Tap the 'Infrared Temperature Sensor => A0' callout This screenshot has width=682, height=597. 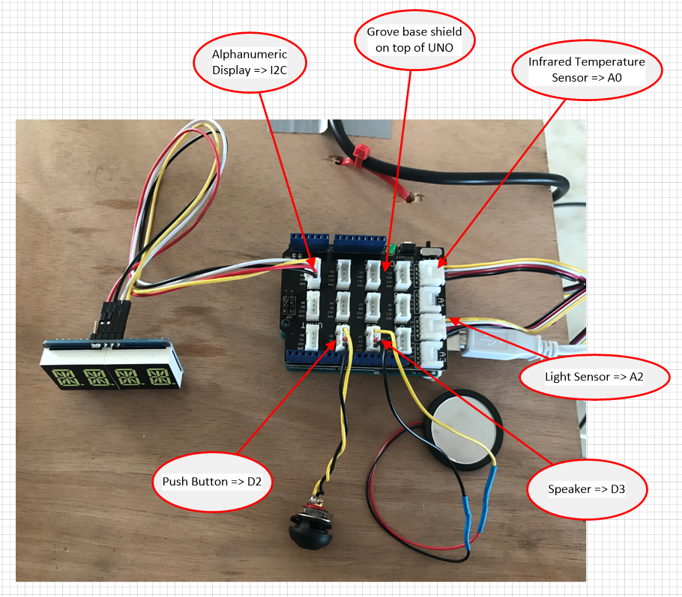pos(587,70)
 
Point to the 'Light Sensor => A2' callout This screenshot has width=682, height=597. pos(594,376)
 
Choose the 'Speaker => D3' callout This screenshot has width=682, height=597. pos(586,489)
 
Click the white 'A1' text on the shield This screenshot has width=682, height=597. pos(441,300)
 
